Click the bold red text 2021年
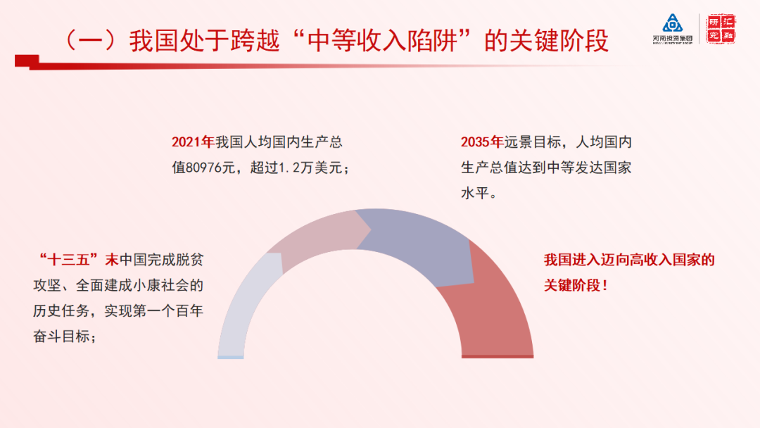pyautogui.click(x=192, y=142)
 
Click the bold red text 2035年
pyautogui.click(x=481, y=142)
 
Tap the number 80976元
pyautogui.click(x=212, y=168)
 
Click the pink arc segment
pyautogui.click(x=317, y=236)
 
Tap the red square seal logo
pyautogui.click(x=721, y=28)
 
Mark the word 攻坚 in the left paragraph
pyautogui.click(x=48, y=286)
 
